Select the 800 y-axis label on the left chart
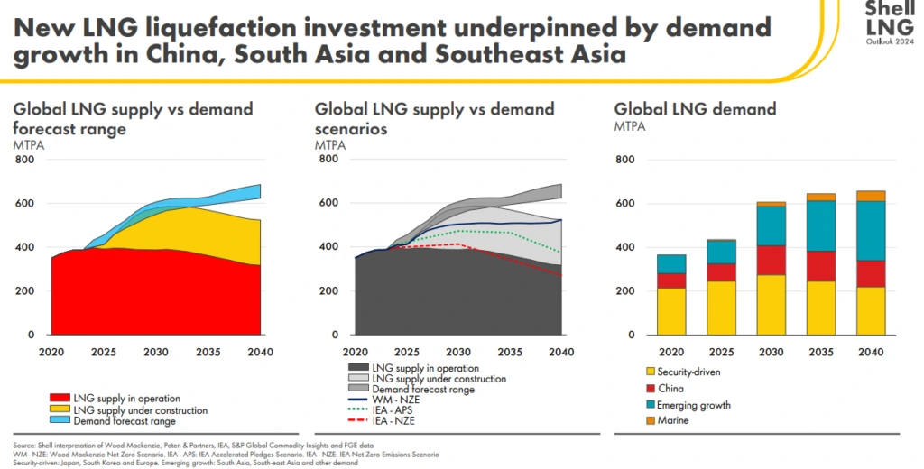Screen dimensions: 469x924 pos(24,161)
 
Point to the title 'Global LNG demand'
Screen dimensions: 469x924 pos(695,109)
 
